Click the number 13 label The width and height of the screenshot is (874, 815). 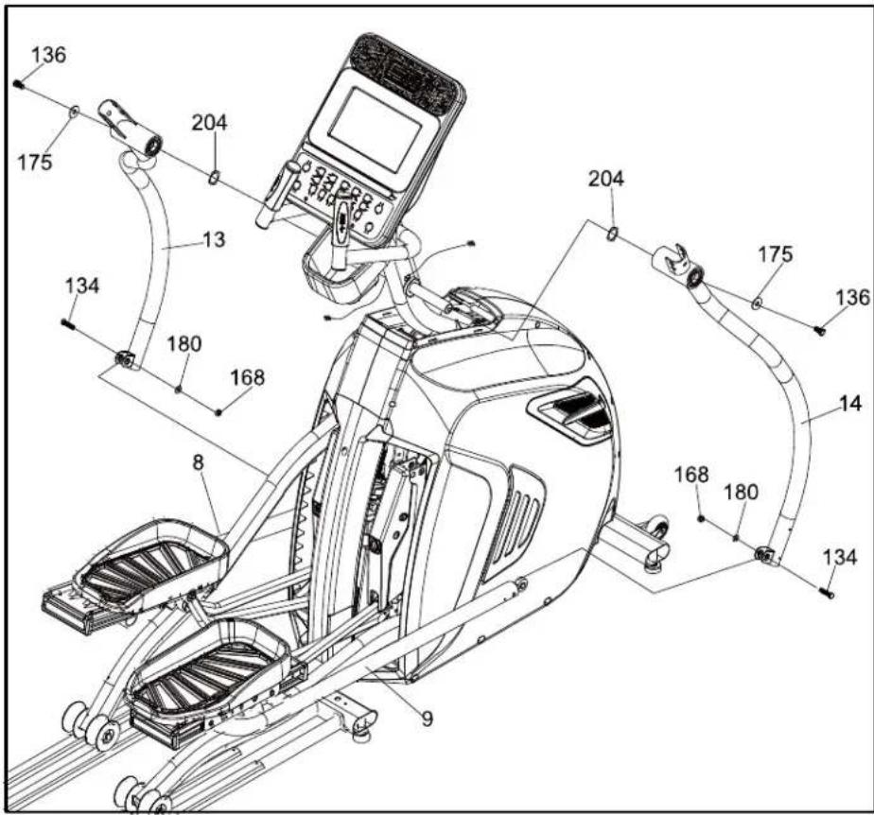[214, 239]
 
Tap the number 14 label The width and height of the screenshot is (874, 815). [850, 404]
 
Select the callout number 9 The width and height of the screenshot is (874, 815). [427, 719]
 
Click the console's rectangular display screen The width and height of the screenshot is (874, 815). [375, 130]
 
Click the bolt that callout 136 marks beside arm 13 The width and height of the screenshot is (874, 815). [19, 83]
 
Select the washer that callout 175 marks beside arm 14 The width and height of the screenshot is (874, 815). [757, 303]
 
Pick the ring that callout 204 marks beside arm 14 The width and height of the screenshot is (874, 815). [612, 235]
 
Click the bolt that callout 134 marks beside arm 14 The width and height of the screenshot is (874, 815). [828, 593]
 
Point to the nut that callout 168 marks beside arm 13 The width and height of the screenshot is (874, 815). [219, 412]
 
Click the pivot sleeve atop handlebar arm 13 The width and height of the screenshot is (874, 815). [131, 126]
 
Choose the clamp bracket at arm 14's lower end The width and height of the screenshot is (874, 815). [764, 555]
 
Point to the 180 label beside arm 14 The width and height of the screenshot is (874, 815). [741, 493]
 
